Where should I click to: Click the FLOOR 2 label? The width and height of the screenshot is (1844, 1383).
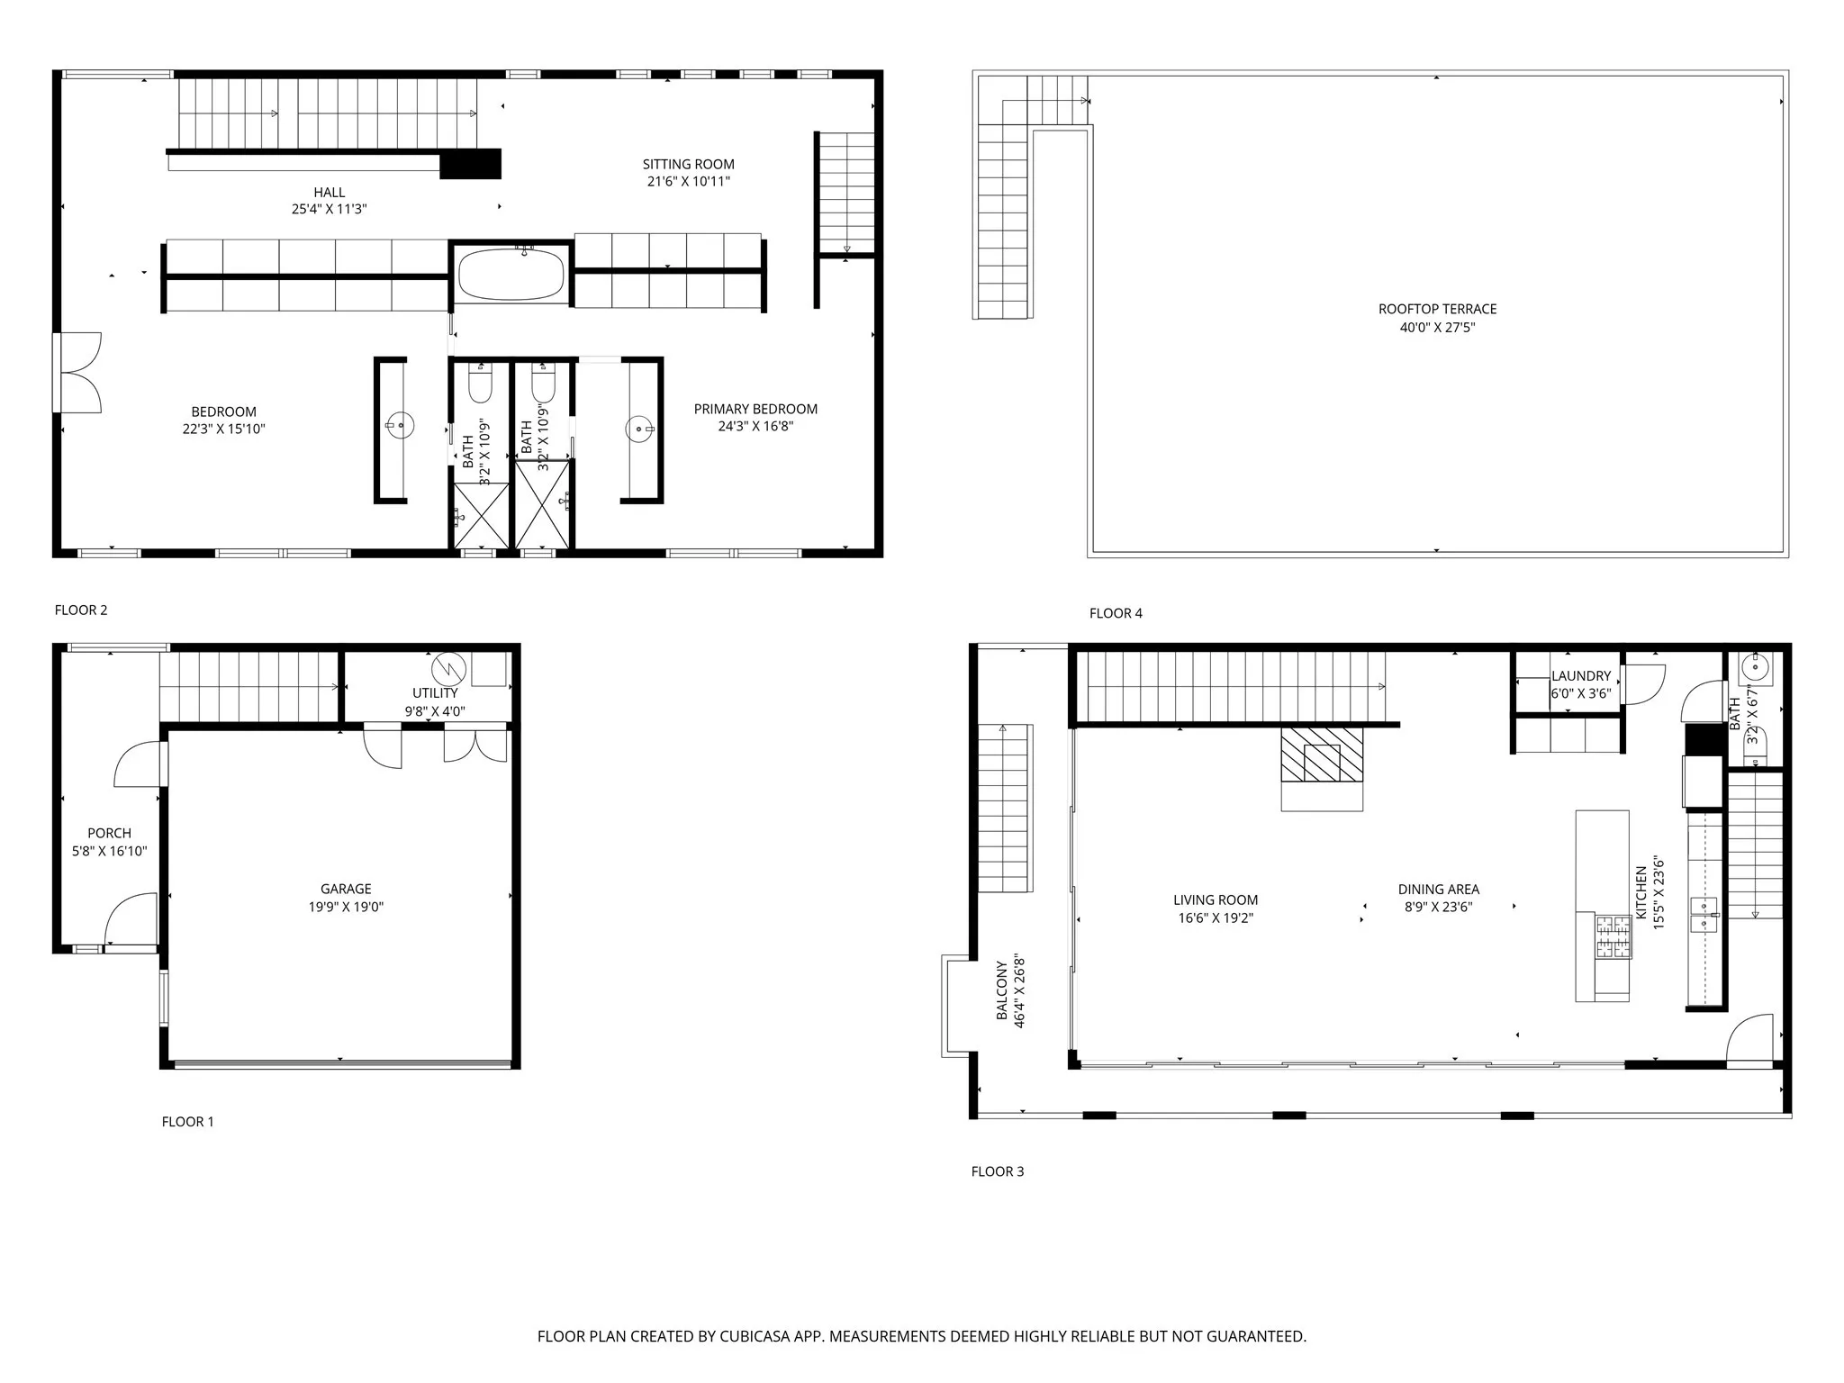pos(81,610)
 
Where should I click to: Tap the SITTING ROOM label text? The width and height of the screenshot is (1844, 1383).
pos(688,164)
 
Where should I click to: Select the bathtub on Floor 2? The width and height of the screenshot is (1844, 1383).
pos(511,275)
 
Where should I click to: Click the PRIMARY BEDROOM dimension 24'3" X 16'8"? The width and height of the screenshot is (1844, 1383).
pos(755,426)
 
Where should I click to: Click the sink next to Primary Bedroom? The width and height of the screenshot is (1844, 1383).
pos(639,429)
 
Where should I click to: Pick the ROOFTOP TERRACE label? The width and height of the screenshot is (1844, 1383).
pos(1437,309)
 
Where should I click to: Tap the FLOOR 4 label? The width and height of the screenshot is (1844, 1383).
pos(1116,613)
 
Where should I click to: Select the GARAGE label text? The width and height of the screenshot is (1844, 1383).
pos(346,889)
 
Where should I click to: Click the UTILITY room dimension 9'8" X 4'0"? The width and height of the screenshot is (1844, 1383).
pos(435,711)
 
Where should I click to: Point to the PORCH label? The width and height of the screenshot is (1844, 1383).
pos(109,834)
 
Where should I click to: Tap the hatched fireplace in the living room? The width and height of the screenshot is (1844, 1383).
pos(1322,754)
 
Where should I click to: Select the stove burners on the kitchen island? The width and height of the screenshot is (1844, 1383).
pos(1613,936)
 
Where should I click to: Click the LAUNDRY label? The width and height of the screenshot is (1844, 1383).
pos(1580,676)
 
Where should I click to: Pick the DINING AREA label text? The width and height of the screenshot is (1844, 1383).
pos(1438,890)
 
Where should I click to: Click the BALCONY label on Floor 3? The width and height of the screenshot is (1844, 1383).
pos(1001,990)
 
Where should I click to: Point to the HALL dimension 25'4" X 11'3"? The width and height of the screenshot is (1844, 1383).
pos(329,209)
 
